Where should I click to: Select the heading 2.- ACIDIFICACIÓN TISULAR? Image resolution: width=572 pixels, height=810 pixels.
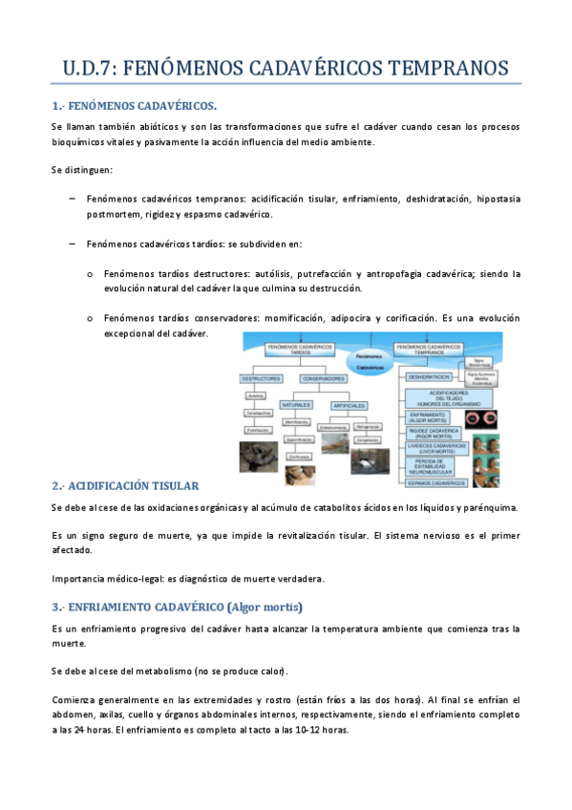(x=125, y=484)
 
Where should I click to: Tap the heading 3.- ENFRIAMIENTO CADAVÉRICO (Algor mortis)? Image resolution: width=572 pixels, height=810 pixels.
(x=178, y=607)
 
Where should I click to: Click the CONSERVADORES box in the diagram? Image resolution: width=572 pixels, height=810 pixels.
(x=324, y=379)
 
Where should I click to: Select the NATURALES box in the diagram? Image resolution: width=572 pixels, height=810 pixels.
(x=296, y=405)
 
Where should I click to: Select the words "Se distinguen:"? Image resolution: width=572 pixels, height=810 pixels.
(x=82, y=170)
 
